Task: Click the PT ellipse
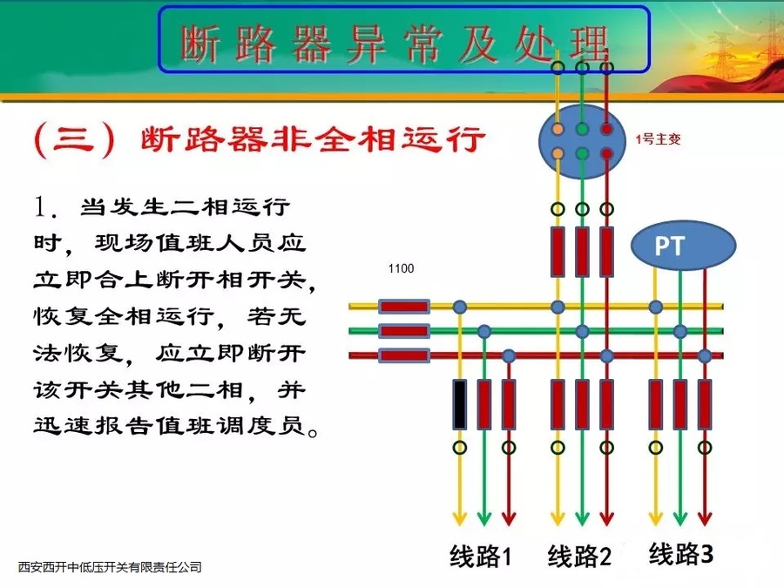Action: [x=670, y=246]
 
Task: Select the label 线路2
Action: [x=580, y=556]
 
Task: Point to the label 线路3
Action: [x=681, y=552]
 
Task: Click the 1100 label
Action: [x=401, y=268]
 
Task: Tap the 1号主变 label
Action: [x=659, y=138]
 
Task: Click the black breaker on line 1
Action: [x=459, y=404]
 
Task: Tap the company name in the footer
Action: [x=110, y=568]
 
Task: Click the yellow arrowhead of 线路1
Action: [x=459, y=518]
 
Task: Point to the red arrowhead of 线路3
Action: [x=705, y=518]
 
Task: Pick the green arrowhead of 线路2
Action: [x=582, y=518]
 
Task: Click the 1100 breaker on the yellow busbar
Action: [x=404, y=307]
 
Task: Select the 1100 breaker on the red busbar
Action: [x=404, y=355]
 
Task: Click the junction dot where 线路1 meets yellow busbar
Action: [x=459, y=307]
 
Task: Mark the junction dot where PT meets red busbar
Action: [x=705, y=355]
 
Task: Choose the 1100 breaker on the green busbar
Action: [x=404, y=331]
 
